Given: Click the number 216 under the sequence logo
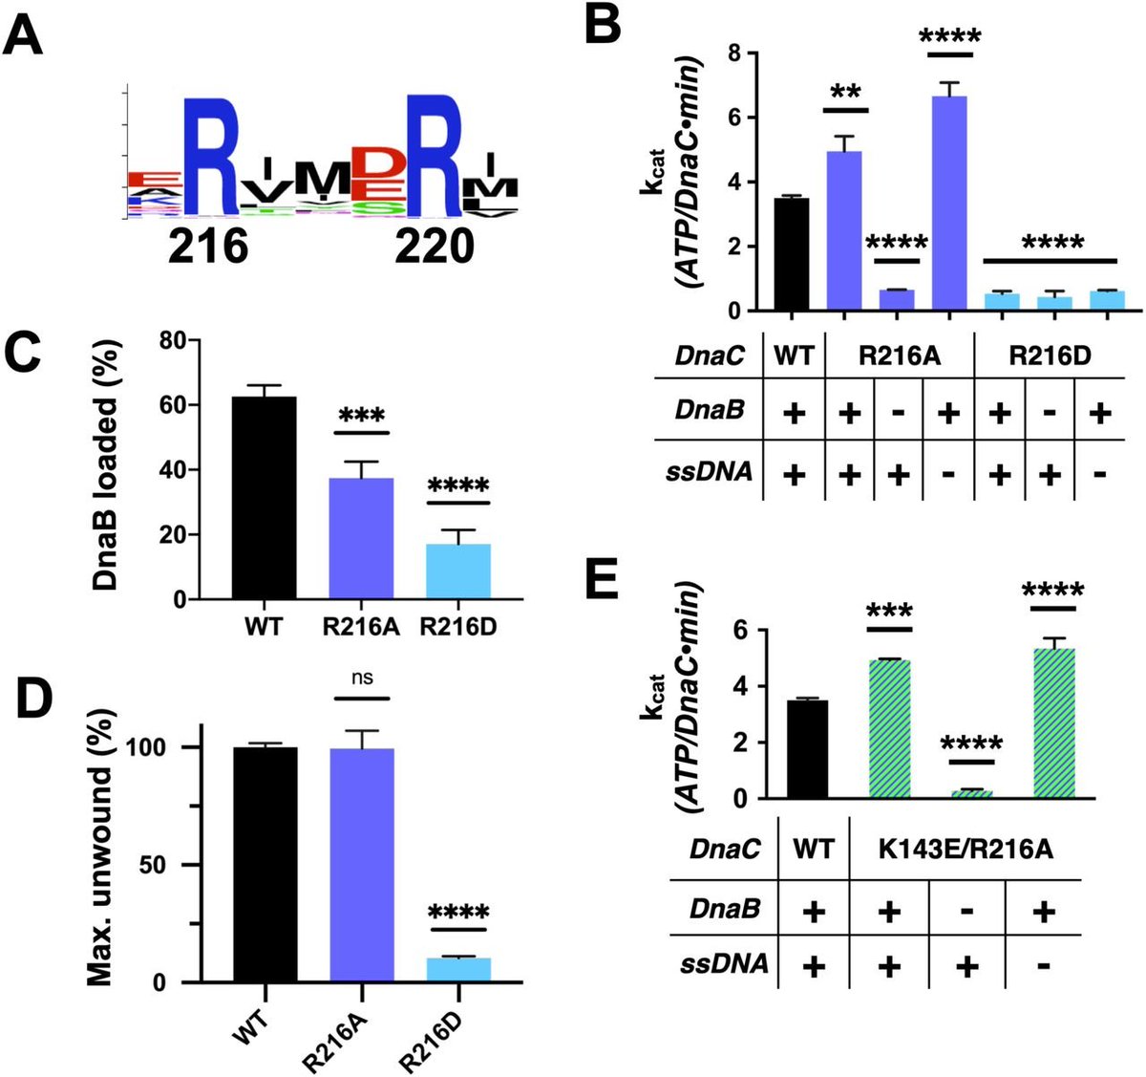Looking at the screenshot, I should click(x=208, y=247).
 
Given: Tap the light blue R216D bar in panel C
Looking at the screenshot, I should click(x=458, y=571).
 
